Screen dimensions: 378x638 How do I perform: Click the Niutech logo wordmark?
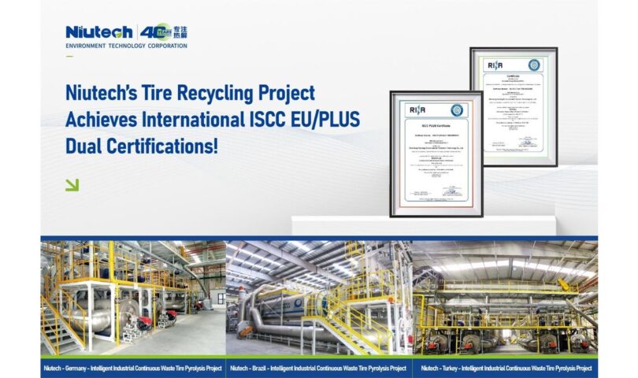point(100,32)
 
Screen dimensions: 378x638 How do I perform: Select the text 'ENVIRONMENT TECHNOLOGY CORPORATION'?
point(127,46)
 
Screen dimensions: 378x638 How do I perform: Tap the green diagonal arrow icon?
point(72,185)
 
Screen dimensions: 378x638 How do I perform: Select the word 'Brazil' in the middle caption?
point(267,367)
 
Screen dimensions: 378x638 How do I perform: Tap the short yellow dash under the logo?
point(69,56)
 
